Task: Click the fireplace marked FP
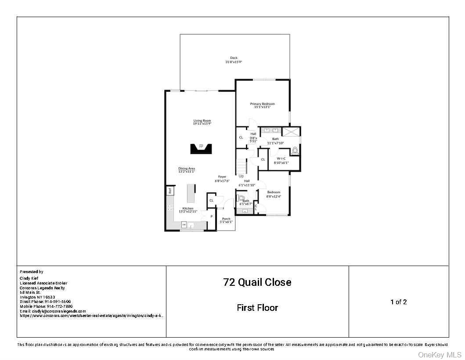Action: pos(201,148)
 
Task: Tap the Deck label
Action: pos(234,60)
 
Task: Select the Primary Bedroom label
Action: pos(263,105)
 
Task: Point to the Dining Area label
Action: pos(187,170)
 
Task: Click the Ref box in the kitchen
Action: pos(169,191)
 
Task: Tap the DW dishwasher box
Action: pos(184,225)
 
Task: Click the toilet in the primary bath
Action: pos(295,151)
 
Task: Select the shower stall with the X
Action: pos(291,132)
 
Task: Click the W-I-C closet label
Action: pos(281,160)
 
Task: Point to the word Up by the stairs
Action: pos(241,176)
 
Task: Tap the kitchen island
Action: pos(191,193)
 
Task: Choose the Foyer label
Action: pos(222,178)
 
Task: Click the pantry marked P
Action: pos(211,216)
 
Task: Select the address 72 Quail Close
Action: pos(257,282)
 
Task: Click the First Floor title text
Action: pos(257,308)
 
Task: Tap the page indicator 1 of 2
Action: pos(399,302)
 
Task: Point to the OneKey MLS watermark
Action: pos(439,354)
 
